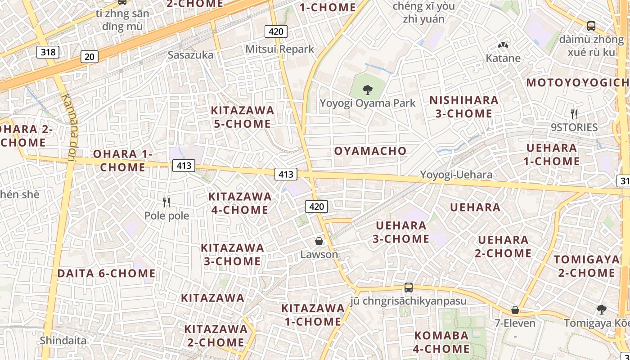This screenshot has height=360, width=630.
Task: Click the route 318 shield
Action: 48,52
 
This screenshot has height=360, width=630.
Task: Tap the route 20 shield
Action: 90,56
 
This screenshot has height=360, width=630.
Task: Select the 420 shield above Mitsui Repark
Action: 276,31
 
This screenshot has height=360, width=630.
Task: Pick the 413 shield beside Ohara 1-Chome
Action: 184,166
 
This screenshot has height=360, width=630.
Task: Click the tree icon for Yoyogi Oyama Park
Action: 368,90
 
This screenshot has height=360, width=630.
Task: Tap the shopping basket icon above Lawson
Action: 319,241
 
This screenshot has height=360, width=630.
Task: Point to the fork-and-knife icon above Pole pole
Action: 166,202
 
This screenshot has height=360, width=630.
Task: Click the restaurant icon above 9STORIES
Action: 574,114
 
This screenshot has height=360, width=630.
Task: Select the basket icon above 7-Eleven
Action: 515,310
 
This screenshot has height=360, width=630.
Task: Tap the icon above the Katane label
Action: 503,45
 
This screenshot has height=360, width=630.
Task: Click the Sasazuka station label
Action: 190,55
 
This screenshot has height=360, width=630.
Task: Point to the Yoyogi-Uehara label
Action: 456,175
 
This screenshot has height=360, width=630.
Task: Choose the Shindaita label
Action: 63,340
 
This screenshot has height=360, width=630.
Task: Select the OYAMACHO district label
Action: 370,151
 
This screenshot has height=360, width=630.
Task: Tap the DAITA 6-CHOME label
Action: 106,273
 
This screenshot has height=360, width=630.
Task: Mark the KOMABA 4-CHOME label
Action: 441,342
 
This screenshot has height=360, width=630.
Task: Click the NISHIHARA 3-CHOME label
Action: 464,107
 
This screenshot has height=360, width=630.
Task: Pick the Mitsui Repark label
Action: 279,49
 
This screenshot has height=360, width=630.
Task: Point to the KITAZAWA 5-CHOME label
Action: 243,117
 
